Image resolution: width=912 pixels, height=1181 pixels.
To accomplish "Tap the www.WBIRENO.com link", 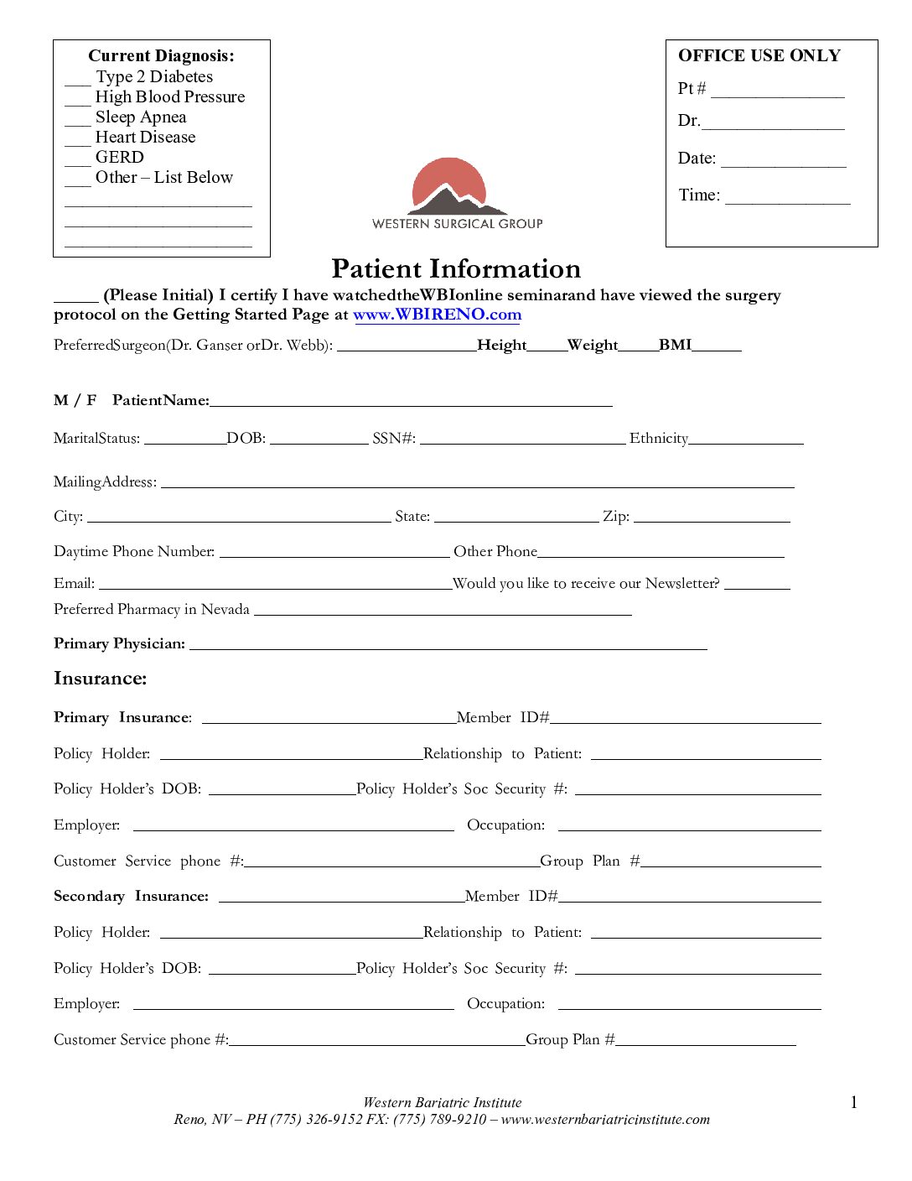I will coord(437,315).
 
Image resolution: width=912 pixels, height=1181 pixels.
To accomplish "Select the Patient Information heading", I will coord(456,268).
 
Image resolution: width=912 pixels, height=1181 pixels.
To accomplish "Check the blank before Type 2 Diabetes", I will coord(77,80).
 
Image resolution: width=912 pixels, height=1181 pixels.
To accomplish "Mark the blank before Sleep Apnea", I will coord(77,120).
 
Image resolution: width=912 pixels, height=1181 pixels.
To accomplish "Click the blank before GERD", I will coord(77,160).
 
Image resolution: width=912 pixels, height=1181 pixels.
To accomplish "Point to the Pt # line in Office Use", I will coord(777,92).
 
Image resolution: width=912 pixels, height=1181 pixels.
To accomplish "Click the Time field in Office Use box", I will coord(787,199).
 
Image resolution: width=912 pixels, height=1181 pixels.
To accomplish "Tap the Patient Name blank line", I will coord(411,402).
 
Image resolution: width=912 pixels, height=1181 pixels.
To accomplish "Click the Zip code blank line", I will coord(712,517).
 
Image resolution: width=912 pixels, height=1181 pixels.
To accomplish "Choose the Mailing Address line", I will coord(477,482).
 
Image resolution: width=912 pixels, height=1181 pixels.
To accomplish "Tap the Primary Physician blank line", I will coord(448,644).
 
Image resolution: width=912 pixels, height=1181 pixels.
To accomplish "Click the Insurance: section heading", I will coord(101,679).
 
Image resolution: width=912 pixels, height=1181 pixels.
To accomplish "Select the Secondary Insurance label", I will coord(131,897).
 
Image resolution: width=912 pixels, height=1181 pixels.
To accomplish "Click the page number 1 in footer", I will coord(854,1103).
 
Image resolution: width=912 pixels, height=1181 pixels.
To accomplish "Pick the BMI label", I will coord(675,345).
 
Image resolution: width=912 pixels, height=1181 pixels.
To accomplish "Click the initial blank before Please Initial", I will coord(75,296).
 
